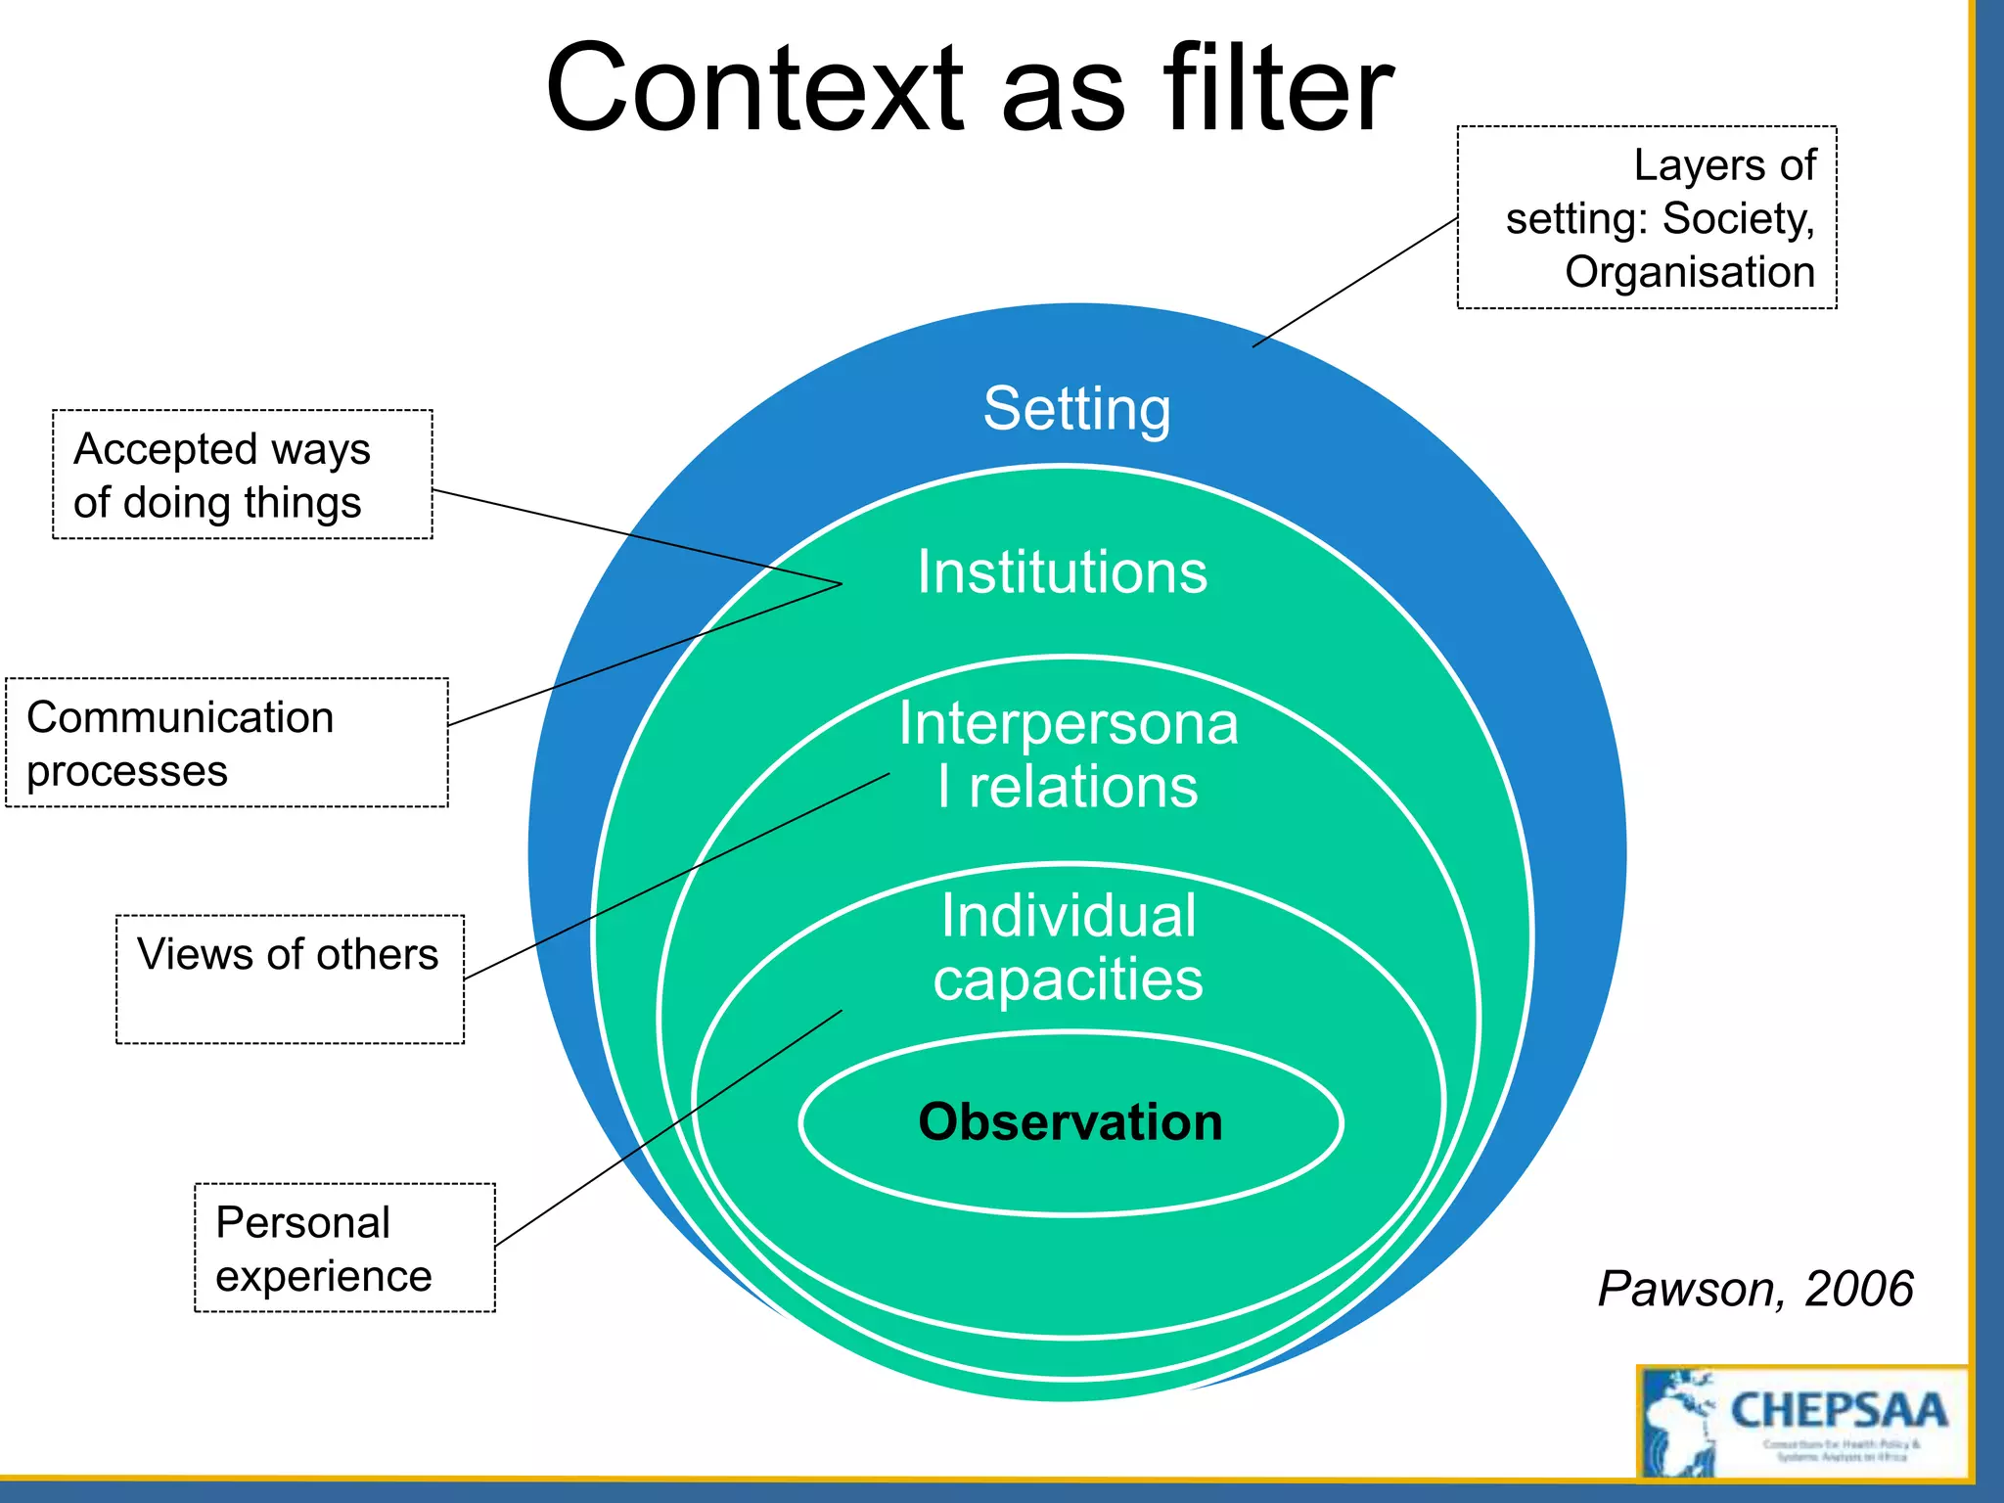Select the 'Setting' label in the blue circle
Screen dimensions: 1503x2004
[1076, 409]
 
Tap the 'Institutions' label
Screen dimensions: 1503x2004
[1062, 572]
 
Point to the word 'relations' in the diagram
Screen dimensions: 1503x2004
[1082, 788]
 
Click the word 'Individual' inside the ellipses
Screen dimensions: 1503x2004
[1069, 917]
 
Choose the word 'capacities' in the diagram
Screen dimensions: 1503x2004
[1068, 980]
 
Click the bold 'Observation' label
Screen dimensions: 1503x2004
[1070, 1122]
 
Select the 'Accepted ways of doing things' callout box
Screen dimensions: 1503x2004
[242, 475]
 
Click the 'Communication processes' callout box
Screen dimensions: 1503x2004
[226, 743]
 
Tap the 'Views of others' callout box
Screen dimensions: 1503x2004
[290, 979]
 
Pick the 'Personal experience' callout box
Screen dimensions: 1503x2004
[344, 1248]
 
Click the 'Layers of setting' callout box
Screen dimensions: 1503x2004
[1647, 217]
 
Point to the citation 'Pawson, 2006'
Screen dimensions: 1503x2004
[1755, 1289]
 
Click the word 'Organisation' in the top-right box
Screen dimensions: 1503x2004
[1690, 272]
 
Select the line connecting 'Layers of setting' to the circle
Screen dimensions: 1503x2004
[1355, 283]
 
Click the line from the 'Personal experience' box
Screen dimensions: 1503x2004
[668, 1128]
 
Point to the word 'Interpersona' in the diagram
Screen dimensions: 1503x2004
[1069, 724]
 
